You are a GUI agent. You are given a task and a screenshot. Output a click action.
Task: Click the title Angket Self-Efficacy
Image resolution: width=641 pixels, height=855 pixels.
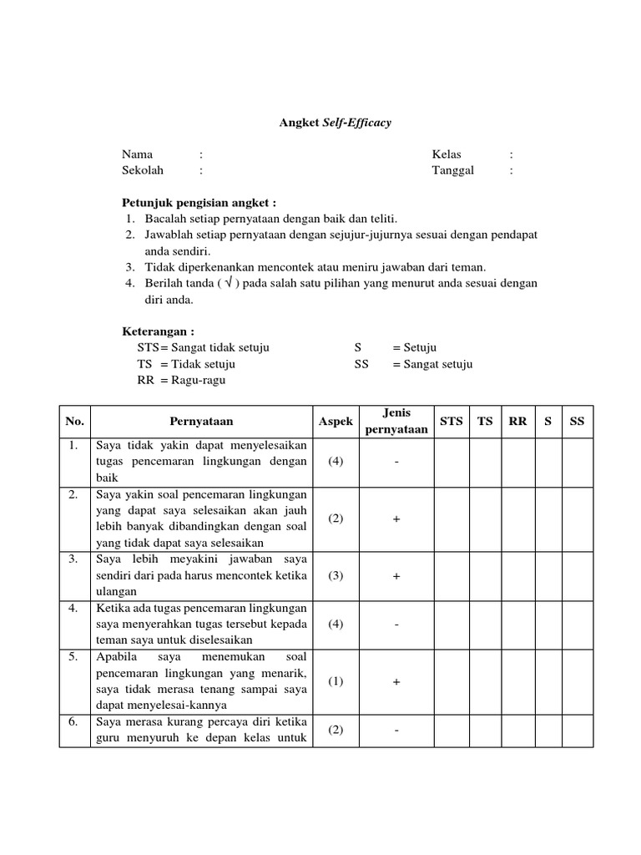pyautogui.click(x=335, y=123)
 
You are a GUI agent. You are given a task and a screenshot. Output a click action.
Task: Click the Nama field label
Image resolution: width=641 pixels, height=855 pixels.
pyautogui.click(x=138, y=154)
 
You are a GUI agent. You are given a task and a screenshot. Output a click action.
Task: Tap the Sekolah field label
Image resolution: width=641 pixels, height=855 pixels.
pyautogui.click(x=143, y=170)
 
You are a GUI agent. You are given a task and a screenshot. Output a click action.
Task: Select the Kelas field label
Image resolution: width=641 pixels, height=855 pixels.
pyautogui.click(x=447, y=154)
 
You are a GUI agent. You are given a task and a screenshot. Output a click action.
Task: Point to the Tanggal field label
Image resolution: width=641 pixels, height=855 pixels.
pyautogui.click(x=452, y=170)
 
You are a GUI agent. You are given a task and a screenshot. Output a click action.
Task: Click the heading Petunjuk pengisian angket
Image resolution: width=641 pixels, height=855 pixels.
pyautogui.click(x=199, y=203)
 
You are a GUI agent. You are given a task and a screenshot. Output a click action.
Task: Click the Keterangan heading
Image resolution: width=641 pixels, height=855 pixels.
pyautogui.click(x=158, y=331)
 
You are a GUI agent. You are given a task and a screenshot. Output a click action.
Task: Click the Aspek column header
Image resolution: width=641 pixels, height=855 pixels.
pyautogui.click(x=336, y=422)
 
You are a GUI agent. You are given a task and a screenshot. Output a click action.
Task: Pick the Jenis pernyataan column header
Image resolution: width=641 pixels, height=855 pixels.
pyautogui.click(x=396, y=422)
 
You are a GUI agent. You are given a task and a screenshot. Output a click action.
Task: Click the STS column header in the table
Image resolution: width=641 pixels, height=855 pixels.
pyautogui.click(x=451, y=422)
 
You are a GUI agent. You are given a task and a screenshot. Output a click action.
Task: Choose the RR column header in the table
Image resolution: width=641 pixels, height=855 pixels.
pyautogui.click(x=517, y=422)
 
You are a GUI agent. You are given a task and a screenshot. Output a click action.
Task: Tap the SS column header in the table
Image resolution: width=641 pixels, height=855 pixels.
pyautogui.click(x=577, y=422)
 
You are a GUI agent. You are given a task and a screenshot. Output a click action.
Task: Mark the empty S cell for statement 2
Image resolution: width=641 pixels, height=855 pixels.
pyautogui.click(x=548, y=519)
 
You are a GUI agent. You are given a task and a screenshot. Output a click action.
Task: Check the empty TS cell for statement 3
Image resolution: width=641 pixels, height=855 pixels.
pyautogui.click(x=485, y=576)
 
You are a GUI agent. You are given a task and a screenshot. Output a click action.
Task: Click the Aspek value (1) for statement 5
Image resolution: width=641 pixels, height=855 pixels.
pyautogui.click(x=336, y=682)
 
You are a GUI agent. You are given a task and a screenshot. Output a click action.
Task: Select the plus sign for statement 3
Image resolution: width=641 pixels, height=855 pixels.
pyautogui.click(x=396, y=576)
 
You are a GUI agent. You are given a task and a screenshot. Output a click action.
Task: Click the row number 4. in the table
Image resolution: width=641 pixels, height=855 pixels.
pyautogui.click(x=74, y=609)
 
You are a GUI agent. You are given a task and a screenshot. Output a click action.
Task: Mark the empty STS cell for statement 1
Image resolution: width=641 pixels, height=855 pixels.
pyautogui.click(x=451, y=462)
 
